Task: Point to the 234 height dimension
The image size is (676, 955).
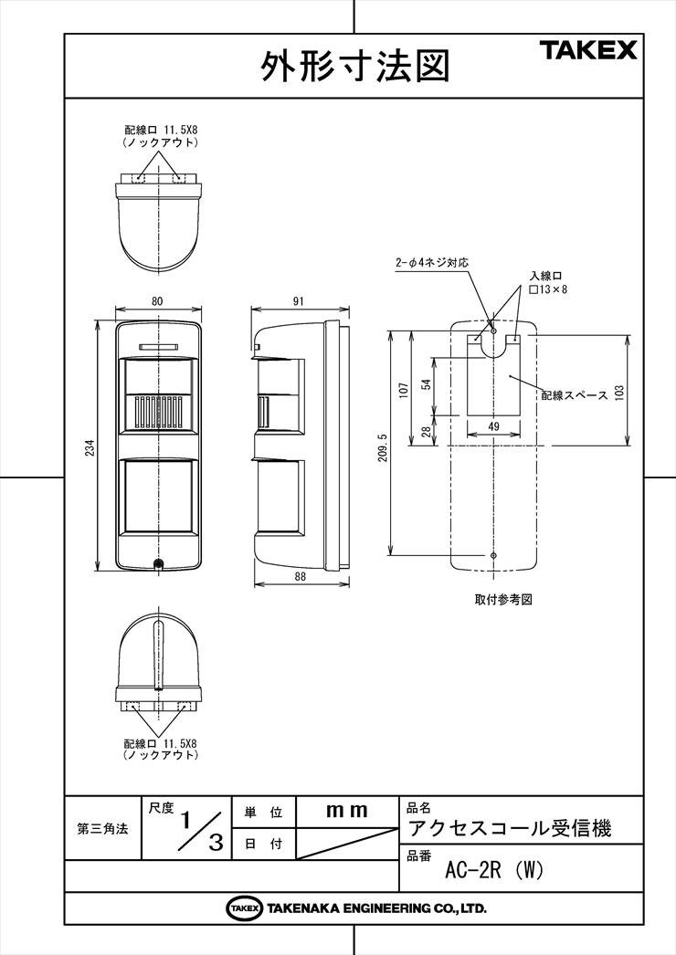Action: (90, 449)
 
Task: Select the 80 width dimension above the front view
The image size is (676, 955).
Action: (157, 301)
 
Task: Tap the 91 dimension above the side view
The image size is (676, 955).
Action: (298, 301)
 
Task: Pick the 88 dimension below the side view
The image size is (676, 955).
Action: (300, 576)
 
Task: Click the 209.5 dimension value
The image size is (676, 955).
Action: (383, 447)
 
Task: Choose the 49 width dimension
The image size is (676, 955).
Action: (493, 426)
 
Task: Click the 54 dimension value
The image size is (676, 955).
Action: (427, 384)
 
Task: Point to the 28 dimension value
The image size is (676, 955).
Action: (427, 431)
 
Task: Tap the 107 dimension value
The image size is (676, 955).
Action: (403, 391)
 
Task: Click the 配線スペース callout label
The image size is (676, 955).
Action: (575, 395)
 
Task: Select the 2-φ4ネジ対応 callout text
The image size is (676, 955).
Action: (431, 263)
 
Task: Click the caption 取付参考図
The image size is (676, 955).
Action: (503, 599)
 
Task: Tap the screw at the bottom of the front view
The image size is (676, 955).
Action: (159, 564)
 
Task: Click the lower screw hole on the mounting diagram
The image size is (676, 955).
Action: (493, 555)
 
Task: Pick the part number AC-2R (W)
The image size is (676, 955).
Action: (493, 871)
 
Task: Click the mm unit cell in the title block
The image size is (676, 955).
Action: (347, 811)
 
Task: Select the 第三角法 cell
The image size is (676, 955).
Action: (102, 828)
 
